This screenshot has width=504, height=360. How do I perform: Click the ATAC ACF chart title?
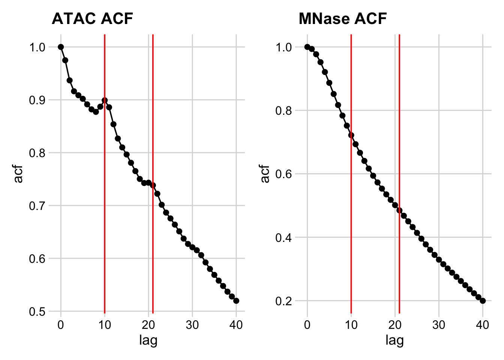(92, 18)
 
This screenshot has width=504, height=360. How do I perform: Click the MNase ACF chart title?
(342, 18)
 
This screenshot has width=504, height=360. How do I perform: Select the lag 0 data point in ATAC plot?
(61, 47)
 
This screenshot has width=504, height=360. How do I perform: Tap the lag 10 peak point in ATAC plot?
(105, 100)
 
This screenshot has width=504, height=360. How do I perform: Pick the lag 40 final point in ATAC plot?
(236, 301)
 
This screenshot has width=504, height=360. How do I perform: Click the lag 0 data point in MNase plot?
(307, 47)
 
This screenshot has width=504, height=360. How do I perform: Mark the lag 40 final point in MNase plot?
(483, 301)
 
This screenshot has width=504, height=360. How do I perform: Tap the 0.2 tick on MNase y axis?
(283, 301)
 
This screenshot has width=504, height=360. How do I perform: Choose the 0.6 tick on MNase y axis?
(283, 174)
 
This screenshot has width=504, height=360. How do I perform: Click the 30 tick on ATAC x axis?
(192, 325)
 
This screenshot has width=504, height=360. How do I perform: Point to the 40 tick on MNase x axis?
(483, 325)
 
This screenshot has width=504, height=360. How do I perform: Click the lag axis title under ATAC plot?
(148, 340)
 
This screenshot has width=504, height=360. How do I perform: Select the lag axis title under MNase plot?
(394, 340)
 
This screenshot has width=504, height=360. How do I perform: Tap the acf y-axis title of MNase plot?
(265, 174)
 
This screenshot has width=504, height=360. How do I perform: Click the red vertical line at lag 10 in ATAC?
(105, 225)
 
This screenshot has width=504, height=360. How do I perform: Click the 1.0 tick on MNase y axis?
(283, 47)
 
